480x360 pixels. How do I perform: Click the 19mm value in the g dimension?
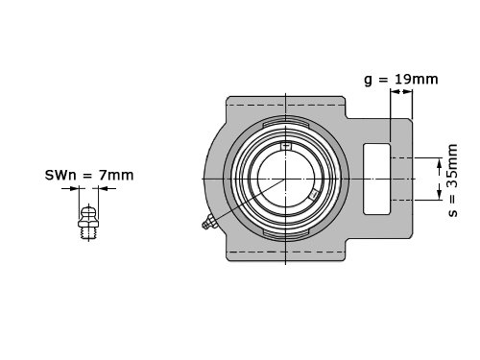416,79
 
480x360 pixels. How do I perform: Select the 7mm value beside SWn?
116,175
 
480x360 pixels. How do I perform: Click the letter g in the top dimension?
369,80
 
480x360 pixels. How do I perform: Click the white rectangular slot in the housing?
377,179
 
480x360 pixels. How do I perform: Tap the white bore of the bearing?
285,179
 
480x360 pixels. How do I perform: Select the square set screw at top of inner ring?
286,146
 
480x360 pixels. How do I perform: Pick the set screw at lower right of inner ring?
314,194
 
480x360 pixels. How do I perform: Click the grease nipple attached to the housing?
209,222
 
